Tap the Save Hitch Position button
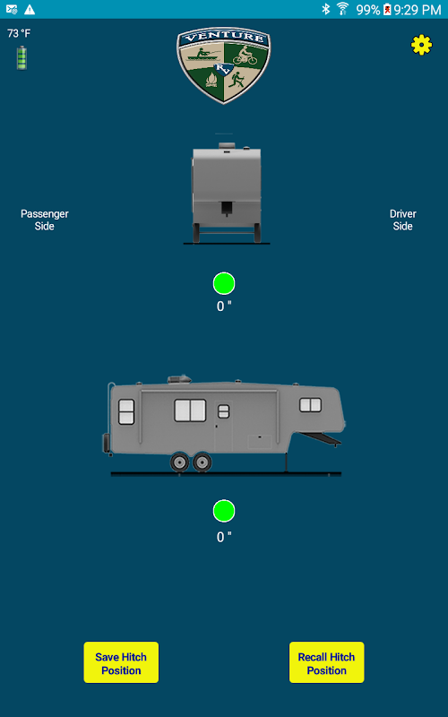(x=121, y=662)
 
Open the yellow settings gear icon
(x=421, y=45)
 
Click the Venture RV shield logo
(x=223, y=65)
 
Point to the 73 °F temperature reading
(x=19, y=33)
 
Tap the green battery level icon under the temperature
(x=22, y=57)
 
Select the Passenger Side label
(x=45, y=220)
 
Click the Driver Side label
(x=402, y=220)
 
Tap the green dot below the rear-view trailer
(x=224, y=283)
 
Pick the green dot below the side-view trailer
(x=224, y=511)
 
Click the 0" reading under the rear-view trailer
(x=224, y=306)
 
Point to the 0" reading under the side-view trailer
(x=224, y=536)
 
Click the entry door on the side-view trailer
(x=223, y=427)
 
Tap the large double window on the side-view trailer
(x=190, y=410)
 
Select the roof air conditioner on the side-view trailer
(x=179, y=379)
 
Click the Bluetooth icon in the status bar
(x=325, y=9)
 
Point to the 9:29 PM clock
(x=418, y=10)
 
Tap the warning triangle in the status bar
(x=30, y=9)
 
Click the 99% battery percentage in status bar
(x=368, y=10)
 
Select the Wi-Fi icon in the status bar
(x=342, y=9)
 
